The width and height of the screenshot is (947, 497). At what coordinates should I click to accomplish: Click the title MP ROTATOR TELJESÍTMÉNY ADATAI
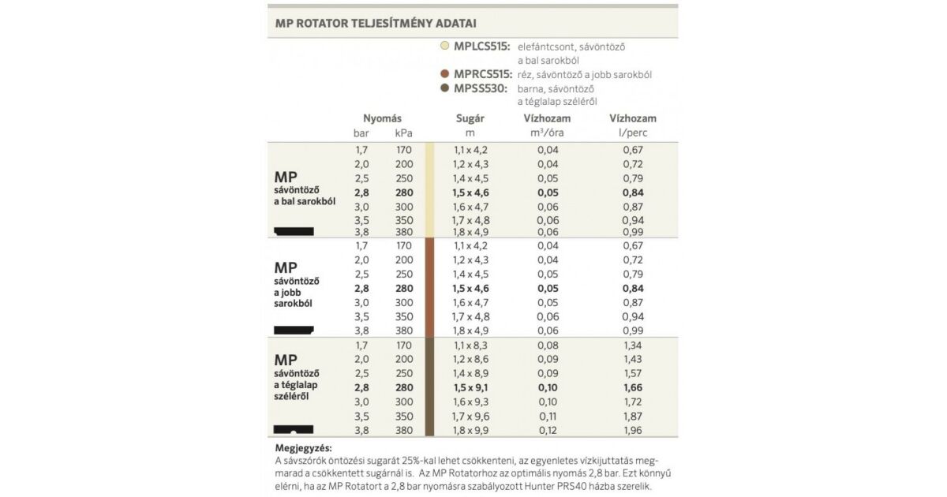(x=376, y=24)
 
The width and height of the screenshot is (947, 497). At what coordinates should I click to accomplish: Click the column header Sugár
(x=470, y=118)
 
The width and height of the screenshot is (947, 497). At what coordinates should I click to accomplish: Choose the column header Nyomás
(x=382, y=118)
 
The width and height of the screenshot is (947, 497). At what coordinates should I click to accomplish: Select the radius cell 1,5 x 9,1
(x=471, y=387)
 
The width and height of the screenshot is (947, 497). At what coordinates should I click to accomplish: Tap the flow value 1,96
(x=633, y=431)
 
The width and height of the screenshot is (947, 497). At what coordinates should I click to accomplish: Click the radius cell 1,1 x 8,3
(x=471, y=345)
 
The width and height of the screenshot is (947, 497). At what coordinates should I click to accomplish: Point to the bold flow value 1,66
(x=633, y=387)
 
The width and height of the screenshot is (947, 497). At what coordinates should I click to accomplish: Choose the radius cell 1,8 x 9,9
(x=471, y=431)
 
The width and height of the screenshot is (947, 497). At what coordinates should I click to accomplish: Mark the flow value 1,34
(x=633, y=345)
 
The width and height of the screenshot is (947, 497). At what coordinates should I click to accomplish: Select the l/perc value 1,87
(x=633, y=417)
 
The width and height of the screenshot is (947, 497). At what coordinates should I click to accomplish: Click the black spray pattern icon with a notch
(x=294, y=431)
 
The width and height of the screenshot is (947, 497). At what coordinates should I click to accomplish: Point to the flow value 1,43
(x=633, y=359)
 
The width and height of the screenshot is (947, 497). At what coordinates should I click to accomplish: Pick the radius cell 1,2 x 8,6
(x=471, y=359)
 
